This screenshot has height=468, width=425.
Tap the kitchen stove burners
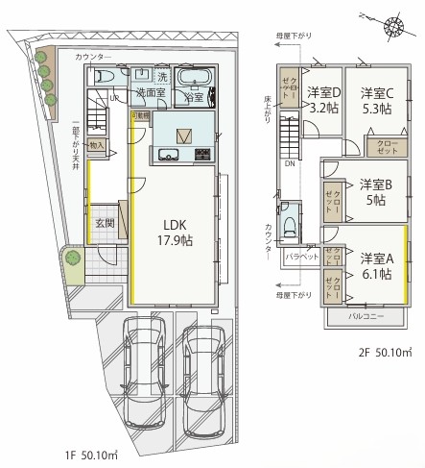tap(202, 154)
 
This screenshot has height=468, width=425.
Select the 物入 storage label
tap(97, 145)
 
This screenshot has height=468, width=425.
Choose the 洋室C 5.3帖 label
tap(376, 101)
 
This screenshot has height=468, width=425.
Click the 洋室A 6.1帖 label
tap(375, 266)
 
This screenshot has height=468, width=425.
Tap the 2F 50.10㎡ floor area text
tap(384, 352)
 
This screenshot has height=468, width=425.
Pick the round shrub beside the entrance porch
tap(72, 258)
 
